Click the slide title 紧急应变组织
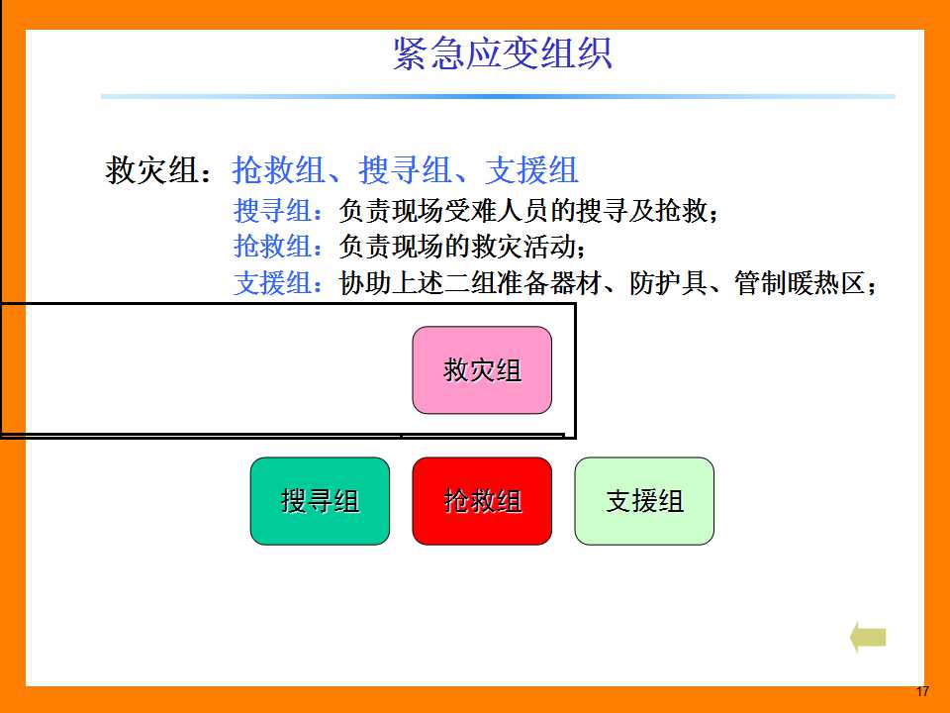(x=503, y=53)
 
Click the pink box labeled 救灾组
(x=482, y=370)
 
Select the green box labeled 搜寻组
(x=320, y=501)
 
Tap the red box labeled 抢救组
(x=482, y=501)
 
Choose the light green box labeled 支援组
(x=644, y=501)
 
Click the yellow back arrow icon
(x=868, y=637)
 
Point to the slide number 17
(x=922, y=691)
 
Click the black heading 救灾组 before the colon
(x=152, y=169)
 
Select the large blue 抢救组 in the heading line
(x=279, y=169)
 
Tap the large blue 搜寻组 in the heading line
(x=406, y=169)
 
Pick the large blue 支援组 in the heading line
(x=532, y=169)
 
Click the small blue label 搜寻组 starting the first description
(x=273, y=211)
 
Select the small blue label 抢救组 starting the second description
(x=273, y=247)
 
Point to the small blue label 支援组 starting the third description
(x=273, y=283)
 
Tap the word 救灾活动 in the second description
(x=523, y=247)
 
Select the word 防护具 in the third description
(x=668, y=283)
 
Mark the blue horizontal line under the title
(x=498, y=96)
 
